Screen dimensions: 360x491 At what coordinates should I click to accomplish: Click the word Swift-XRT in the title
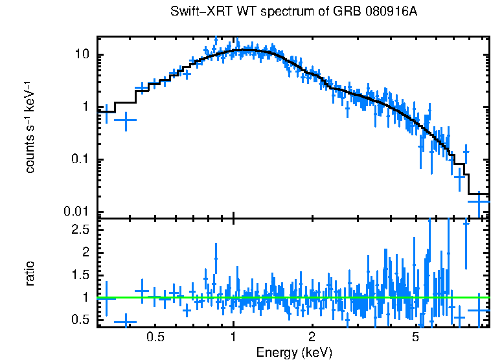(x=197, y=12)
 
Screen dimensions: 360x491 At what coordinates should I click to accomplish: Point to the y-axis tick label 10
(x=81, y=54)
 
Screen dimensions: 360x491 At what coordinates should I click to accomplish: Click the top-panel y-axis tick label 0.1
(x=79, y=160)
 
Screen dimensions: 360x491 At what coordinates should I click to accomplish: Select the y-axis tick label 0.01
(x=76, y=212)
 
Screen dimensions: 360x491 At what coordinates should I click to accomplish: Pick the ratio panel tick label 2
(x=85, y=252)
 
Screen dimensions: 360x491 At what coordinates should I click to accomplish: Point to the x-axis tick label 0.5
(x=155, y=337)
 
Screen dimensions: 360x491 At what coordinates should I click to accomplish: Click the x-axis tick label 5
(x=415, y=337)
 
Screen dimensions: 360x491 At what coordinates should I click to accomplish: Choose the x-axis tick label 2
(x=312, y=337)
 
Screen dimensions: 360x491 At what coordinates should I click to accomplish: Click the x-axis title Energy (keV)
(x=294, y=352)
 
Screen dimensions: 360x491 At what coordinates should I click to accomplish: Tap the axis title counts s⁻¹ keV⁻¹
(x=30, y=127)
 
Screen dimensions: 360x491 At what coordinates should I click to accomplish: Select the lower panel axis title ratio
(x=30, y=273)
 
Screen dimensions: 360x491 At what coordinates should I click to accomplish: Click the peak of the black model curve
(x=249, y=50)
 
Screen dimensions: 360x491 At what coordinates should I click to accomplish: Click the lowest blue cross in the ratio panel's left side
(x=125, y=322)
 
